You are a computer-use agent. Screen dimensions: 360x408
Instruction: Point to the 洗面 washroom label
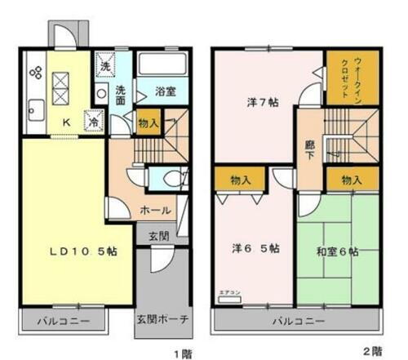[119, 95]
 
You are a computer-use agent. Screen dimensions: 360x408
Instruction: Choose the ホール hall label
[154, 210]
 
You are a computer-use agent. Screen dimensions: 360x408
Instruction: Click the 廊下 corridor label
[308, 148]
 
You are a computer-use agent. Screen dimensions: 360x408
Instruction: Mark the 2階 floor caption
[374, 350]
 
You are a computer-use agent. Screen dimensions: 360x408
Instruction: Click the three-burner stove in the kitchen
[35, 72]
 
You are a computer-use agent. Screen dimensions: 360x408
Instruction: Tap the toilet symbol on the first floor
[172, 179]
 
